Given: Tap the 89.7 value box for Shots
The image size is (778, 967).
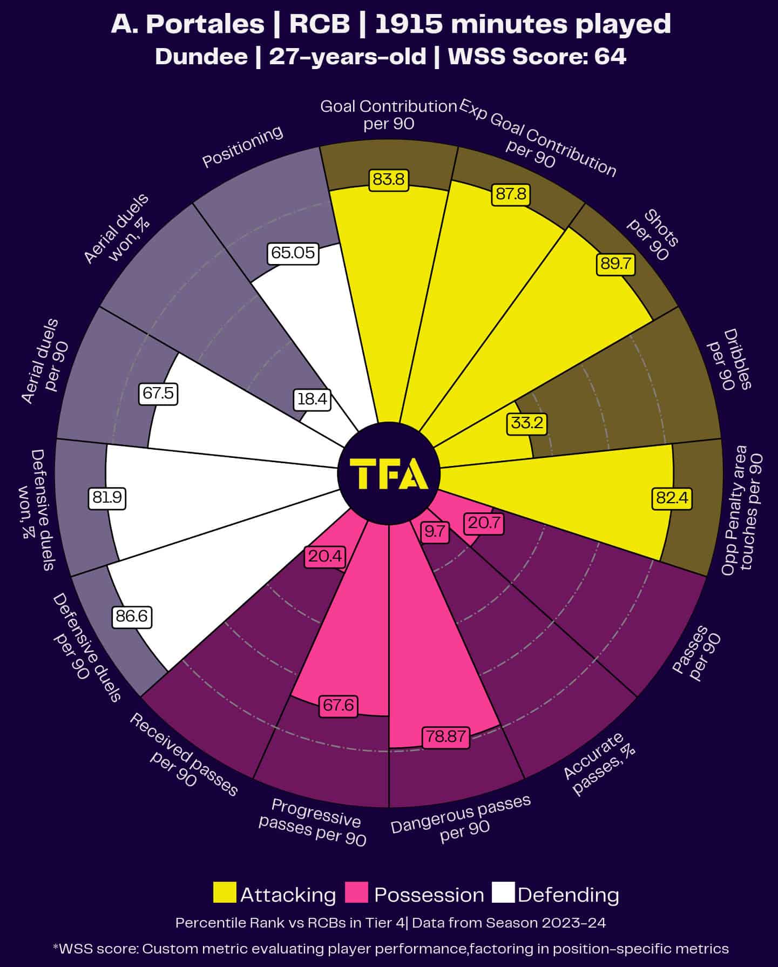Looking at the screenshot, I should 615,264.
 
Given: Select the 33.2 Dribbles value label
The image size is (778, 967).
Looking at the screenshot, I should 526,423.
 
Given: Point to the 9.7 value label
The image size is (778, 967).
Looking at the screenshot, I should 434,532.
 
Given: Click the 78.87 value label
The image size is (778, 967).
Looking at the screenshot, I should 445,736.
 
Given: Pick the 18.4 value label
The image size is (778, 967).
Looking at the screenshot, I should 312,399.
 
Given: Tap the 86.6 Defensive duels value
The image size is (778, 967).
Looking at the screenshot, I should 132,616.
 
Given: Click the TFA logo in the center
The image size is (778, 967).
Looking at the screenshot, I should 389,474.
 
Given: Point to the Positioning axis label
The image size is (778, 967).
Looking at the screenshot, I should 242,146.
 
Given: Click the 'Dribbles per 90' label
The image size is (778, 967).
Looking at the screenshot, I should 729,360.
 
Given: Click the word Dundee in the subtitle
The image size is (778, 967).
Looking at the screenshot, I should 201,57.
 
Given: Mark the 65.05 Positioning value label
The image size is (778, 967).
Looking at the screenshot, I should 293,253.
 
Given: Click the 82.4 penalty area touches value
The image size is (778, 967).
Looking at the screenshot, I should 672,497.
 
